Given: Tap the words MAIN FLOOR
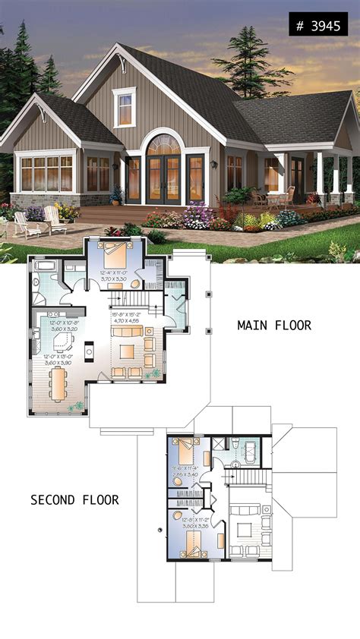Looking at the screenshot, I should [x=273, y=326].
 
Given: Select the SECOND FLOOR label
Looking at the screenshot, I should [x=74, y=499].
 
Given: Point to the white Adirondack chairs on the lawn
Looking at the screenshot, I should [x=39, y=221].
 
